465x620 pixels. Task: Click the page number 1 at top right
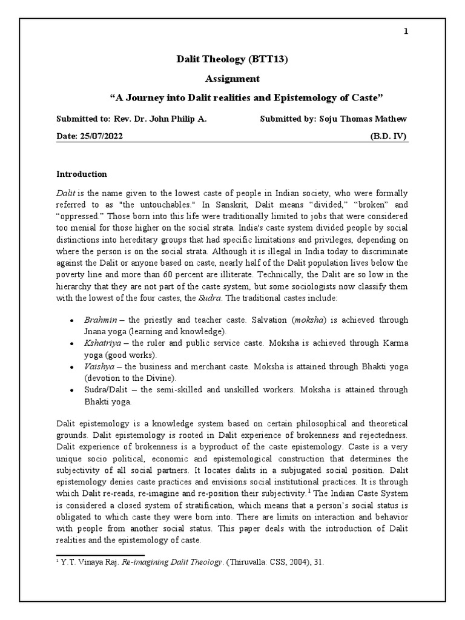pyautogui.click(x=407, y=31)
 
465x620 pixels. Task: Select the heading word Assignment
pyautogui.click(x=232, y=78)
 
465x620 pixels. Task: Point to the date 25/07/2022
pyautogui.click(x=99, y=137)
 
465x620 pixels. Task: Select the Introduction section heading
pyautogui.click(x=82, y=174)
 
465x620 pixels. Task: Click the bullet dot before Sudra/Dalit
pyautogui.click(x=71, y=390)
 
